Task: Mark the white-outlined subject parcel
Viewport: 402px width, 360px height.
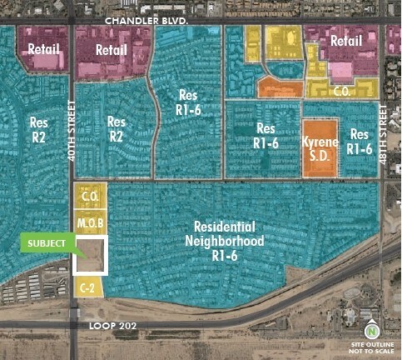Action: (91, 256)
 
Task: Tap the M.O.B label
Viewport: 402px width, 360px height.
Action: (90, 224)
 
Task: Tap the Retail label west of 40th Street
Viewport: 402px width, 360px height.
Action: (42, 48)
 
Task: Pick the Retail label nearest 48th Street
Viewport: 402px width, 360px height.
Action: (345, 41)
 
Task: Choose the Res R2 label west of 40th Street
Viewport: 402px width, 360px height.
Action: (38, 128)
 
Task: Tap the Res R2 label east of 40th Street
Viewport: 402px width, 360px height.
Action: (117, 128)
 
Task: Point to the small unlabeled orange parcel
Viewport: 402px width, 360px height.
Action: (279, 87)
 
